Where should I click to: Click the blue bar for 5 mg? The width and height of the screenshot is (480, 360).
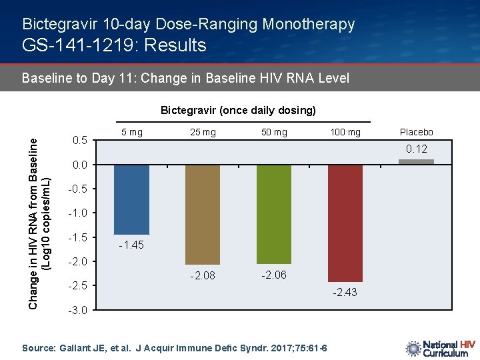coord(131,199)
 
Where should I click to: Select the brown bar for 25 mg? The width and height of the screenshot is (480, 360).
coord(202,214)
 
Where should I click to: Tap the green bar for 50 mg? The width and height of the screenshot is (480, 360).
coord(273,213)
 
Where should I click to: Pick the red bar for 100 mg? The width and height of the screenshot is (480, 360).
coord(345,223)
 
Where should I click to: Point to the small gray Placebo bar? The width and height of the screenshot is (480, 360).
coord(416,161)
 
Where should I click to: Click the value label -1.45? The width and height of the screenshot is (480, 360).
coord(131,245)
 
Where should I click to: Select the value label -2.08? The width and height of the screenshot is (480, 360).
coord(202,275)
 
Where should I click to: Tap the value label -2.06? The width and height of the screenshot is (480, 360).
coord(273,275)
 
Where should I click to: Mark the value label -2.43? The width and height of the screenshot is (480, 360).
coord(345,292)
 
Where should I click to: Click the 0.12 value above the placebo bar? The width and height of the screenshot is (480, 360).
coord(417,149)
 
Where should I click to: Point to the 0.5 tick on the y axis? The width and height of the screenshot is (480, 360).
coord(79,141)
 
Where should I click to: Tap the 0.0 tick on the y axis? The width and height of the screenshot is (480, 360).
coord(79,165)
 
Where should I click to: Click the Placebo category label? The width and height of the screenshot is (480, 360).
coord(416,132)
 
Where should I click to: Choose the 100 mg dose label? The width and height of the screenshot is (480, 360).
coord(345,132)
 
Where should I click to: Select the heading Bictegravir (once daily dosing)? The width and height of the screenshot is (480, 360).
coord(238,110)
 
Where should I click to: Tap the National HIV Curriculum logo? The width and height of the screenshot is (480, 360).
coord(440,348)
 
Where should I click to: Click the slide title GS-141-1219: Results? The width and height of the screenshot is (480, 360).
coord(114,45)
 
